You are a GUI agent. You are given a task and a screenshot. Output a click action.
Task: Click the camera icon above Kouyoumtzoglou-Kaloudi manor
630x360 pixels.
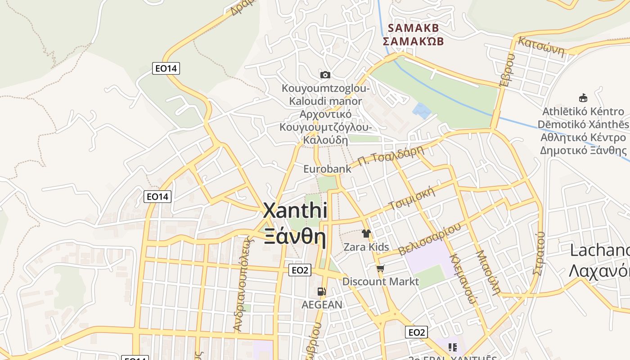coord(325,75)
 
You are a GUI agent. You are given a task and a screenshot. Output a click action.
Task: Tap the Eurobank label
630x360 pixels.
coord(327,169)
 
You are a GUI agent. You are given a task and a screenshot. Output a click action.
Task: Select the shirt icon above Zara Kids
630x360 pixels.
coord(366,234)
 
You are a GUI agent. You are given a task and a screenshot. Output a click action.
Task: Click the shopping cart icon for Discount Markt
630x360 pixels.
coord(380,269)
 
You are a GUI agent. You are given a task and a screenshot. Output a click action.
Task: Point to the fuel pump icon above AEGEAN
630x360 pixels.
coord(321,292)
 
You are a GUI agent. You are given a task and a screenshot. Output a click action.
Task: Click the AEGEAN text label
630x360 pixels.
coord(322,305)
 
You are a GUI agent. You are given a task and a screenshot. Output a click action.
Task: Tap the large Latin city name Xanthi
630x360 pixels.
coord(295,211)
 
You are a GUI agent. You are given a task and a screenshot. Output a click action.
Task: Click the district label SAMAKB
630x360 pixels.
coord(413,28)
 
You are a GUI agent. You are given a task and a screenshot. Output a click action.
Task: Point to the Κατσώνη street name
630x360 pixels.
coord(541,47)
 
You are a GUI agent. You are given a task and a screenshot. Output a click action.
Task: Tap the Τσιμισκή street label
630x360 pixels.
coord(413,198)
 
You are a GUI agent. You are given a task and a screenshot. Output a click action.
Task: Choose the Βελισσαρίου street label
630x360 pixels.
coord(430,240)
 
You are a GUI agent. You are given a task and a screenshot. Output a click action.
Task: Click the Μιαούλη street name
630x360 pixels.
coord(488,272)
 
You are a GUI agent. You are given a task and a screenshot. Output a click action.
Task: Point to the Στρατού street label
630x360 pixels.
coord(539,253)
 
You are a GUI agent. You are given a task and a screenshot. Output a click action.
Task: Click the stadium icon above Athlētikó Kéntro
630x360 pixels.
coord(583,98)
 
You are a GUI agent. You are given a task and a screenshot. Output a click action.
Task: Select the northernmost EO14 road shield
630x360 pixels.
coord(166,68)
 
